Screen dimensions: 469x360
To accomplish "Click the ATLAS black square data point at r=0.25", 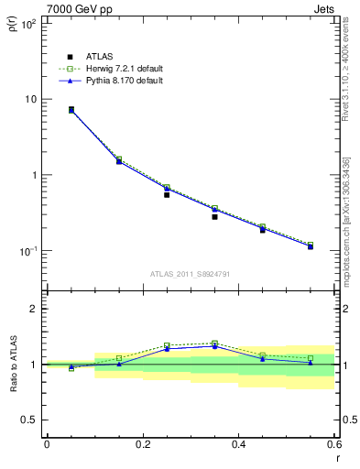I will [167, 194].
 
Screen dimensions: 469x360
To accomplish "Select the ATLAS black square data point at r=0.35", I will [214, 217].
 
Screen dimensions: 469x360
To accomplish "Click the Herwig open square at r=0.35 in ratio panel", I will [214, 344].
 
